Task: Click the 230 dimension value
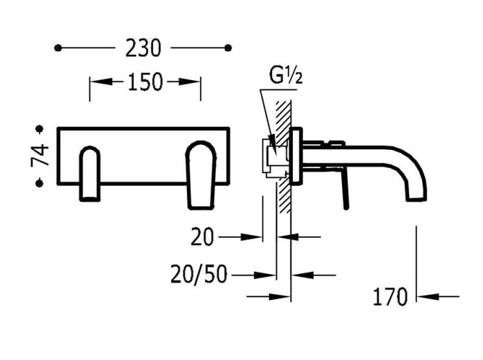click(142, 48)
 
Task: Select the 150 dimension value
click(145, 82)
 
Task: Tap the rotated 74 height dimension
click(40, 156)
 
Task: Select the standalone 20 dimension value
click(202, 238)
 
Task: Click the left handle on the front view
click(91, 173)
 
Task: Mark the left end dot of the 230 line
click(58, 48)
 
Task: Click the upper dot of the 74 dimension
click(39, 129)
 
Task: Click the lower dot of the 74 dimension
click(39, 184)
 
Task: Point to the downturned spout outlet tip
click(416, 194)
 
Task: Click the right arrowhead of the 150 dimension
click(195, 82)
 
